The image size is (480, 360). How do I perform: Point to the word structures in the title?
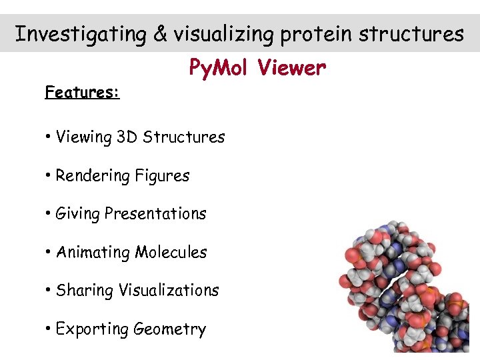(411, 34)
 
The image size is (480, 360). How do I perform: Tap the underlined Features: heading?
(82, 92)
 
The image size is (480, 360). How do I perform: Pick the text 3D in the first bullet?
(127, 137)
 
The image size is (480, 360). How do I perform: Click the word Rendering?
(93, 176)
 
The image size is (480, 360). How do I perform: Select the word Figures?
(162, 176)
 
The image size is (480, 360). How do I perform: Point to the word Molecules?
(171, 253)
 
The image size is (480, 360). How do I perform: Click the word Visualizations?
(169, 291)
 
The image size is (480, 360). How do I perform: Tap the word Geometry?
(170, 329)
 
